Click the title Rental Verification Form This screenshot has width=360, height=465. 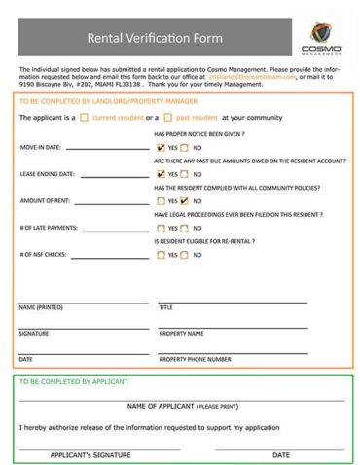155,39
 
